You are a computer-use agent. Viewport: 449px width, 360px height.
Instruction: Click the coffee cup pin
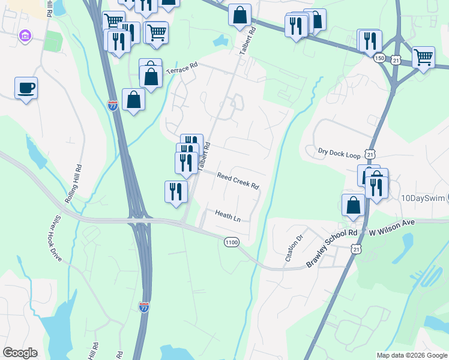click(26, 88)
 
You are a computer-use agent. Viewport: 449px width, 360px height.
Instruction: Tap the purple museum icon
click(25, 37)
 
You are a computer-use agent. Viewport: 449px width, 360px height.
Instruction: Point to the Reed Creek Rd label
click(238, 181)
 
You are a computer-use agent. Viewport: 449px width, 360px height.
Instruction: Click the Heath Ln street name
click(228, 216)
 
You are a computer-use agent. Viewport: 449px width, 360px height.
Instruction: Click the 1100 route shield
click(232, 242)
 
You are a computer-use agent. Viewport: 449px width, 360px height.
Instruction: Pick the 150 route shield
click(379, 58)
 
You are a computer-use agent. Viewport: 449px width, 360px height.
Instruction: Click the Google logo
click(20, 353)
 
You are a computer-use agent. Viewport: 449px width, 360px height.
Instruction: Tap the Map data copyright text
click(412, 355)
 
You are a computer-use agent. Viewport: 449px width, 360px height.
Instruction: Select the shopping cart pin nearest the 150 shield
click(424, 58)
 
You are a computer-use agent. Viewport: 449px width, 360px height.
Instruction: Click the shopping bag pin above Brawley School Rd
click(354, 205)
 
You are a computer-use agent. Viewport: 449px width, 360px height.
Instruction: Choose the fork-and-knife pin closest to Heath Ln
click(176, 191)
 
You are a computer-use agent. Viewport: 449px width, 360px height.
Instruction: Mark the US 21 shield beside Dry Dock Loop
click(372, 154)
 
